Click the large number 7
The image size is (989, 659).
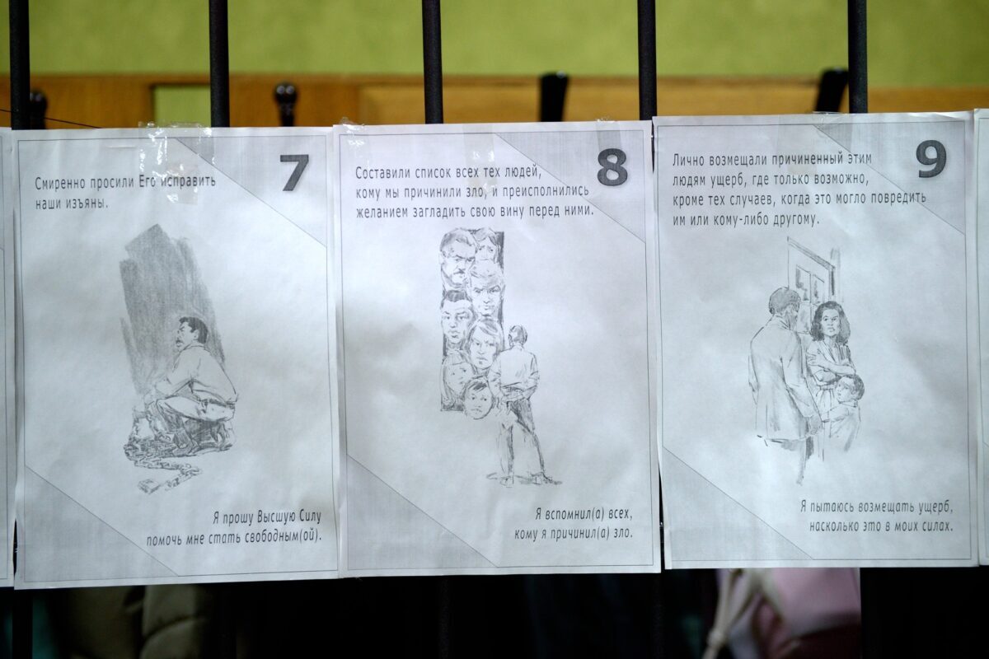click(x=294, y=173)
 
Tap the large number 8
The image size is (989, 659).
click(x=612, y=167)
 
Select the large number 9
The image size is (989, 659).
click(x=930, y=159)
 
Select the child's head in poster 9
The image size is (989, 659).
click(x=849, y=390)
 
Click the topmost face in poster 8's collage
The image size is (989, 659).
click(x=455, y=258)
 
